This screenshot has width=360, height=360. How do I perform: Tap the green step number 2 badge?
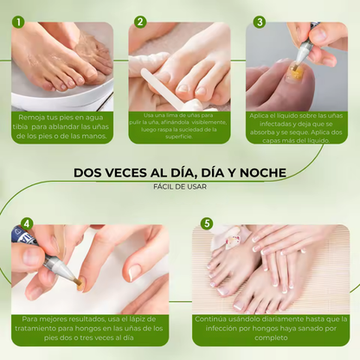pos(140,22)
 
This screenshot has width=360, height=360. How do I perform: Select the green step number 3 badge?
pos(259,22)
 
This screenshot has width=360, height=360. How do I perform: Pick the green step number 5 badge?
pos(206,223)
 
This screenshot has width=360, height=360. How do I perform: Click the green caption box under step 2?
pos(179,125)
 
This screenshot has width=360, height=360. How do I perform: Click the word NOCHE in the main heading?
pos(260,173)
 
